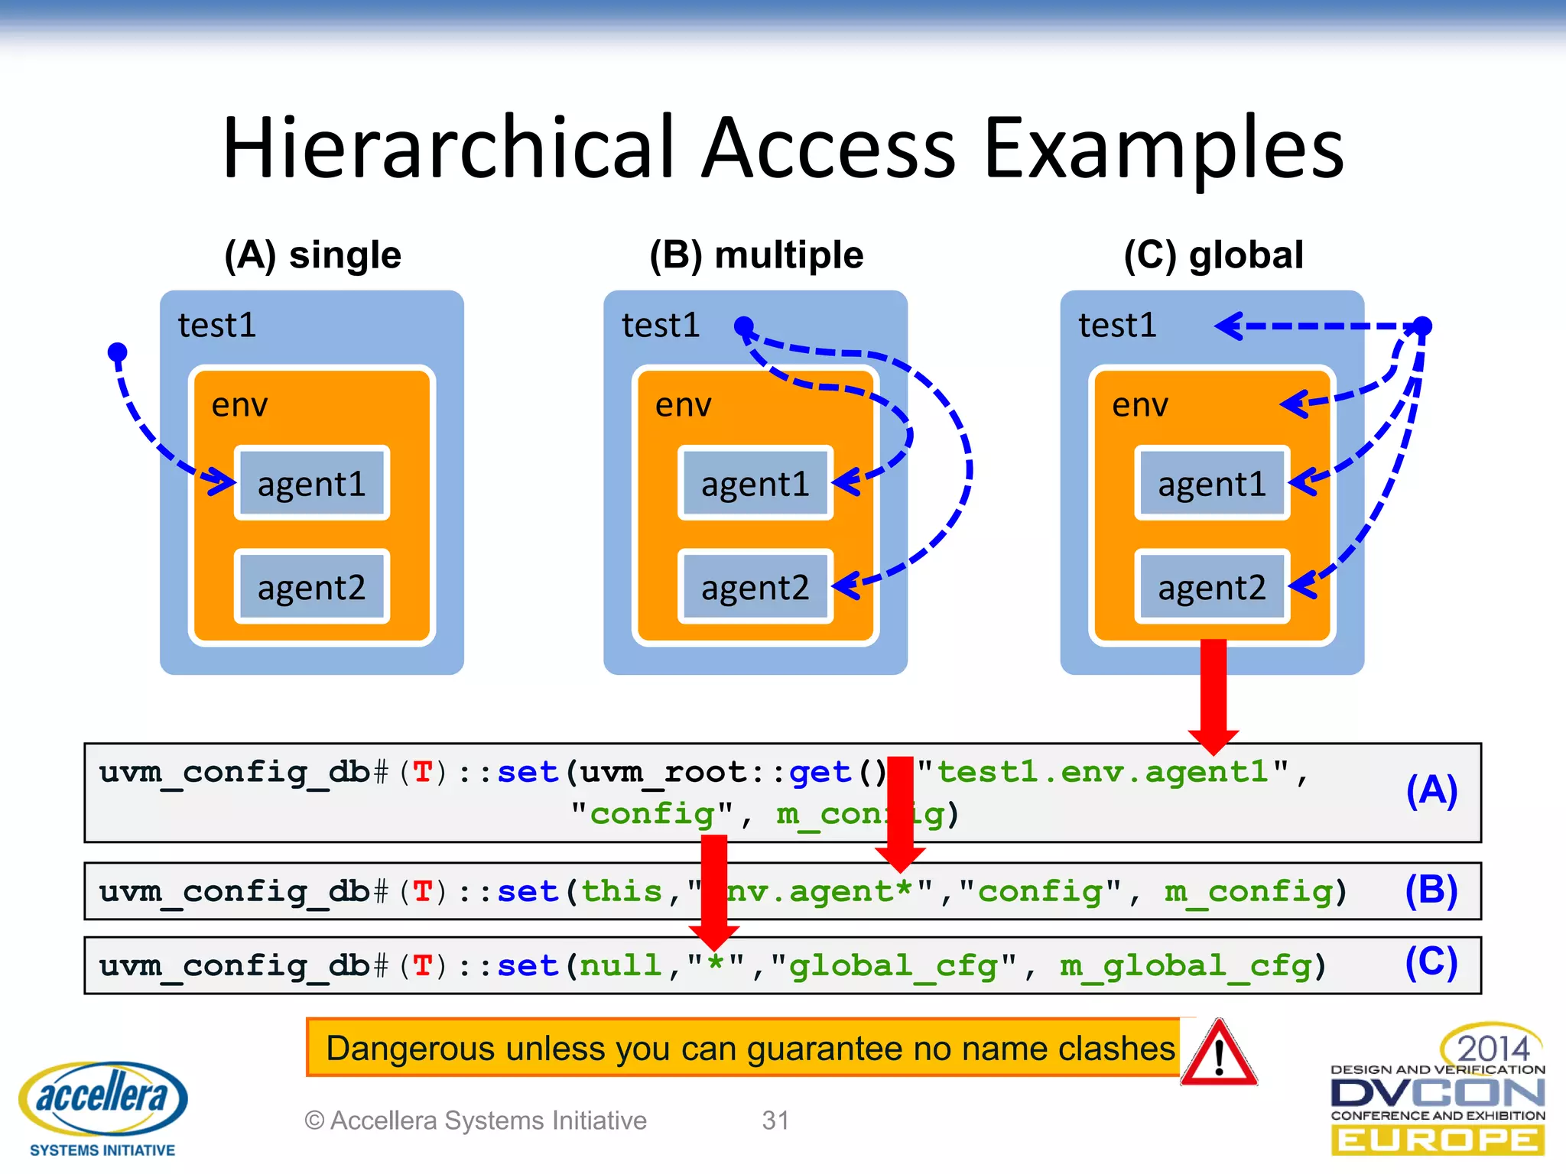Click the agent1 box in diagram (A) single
pyautogui.click(x=312, y=483)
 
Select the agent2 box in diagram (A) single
pyautogui.click(x=312, y=587)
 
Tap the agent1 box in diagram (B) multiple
pyautogui.click(x=755, y=483)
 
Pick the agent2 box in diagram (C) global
pyautogui.click(x=1212, y=587)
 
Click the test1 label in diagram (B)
pyautogui.click(x=661, y=326)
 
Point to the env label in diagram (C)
pyautogui.click(x=1140, y=405)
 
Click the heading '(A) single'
pyautogui.click(x=313, y=255)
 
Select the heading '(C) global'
pyautogui.click(x=1213, y=255)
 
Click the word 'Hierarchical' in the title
pyautogui.click(x=448, y=147)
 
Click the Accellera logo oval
pyautogui.click(x=103, y=1098)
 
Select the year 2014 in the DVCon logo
pyautogui.click(x=1493, y=1048)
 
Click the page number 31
pyautogui.click(x=775, y=1120)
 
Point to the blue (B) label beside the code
pyautogui.click(x=1431, y=891)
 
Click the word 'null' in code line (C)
pyautogui.click(x=620, y=966)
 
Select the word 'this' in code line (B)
pyautogui.click(x=622, y=892)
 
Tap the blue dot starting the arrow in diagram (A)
pyautogui.click(x=117, y=352)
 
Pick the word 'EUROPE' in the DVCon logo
pyautogui.click(x=1438, y=1140)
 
